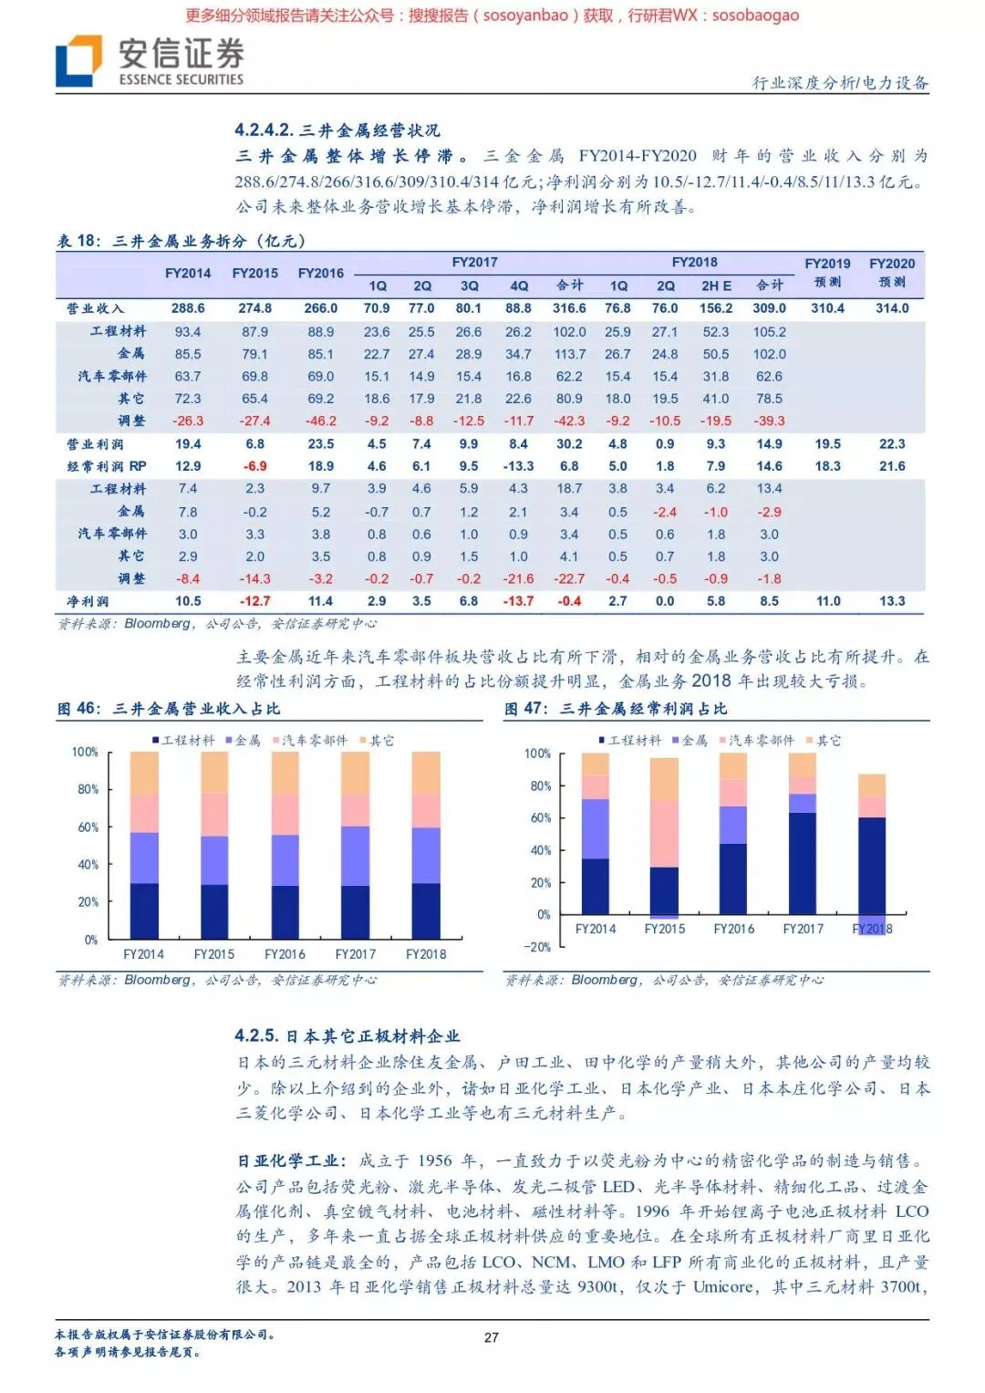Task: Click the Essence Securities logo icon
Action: (x=78, y=60)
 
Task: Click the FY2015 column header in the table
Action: (x=254, y=273)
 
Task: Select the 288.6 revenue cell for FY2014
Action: (x=188, y=308)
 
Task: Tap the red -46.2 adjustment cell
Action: (x=320, y=421)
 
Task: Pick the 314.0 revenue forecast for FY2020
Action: (x=892, y=308)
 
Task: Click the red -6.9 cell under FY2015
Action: (x=254, y=466)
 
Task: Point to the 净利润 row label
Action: (x=88, y=601)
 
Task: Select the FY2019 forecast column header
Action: (x=827, y=272)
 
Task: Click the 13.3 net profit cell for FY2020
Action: (x=892, y=601)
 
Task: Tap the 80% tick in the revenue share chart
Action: (x=88, y=789)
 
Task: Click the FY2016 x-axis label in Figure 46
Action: (x=285, y=954)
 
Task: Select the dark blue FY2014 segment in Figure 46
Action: (x=144, y=910)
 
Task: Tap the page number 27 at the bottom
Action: (x=492, y=1337)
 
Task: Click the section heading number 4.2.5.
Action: (x=256, y=1035)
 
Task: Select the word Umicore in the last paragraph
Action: (x=723, y=1287)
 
